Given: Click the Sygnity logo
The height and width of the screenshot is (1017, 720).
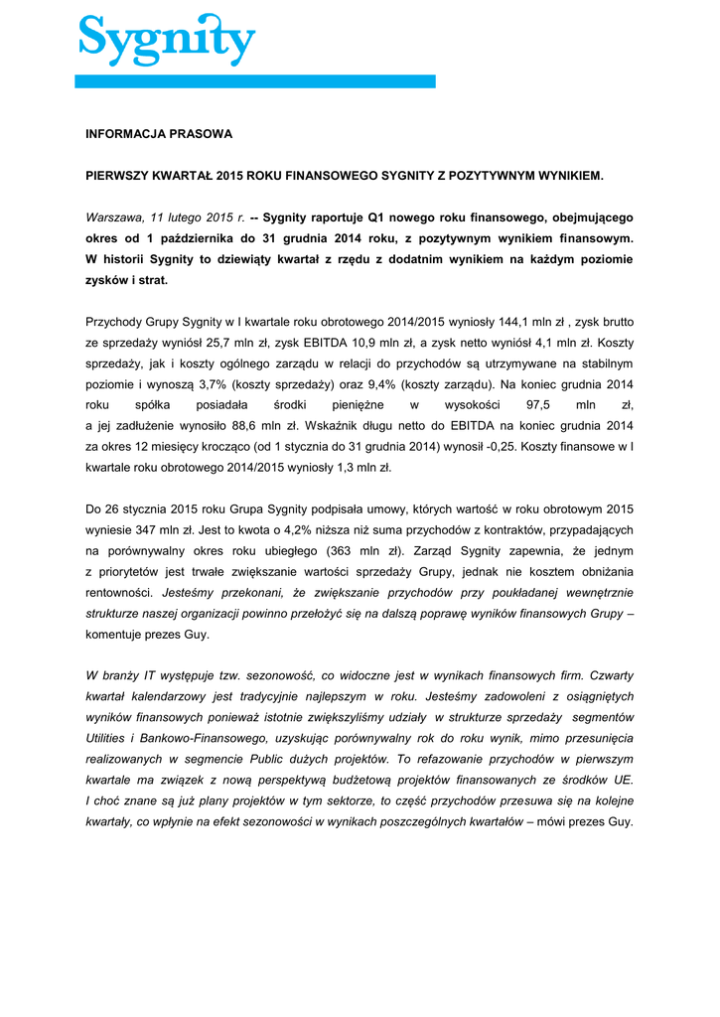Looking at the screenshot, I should pyautogui.click(x=167, y=40).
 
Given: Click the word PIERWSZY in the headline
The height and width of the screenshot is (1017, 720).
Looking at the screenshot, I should pyautogui.click(x=116, y=175).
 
